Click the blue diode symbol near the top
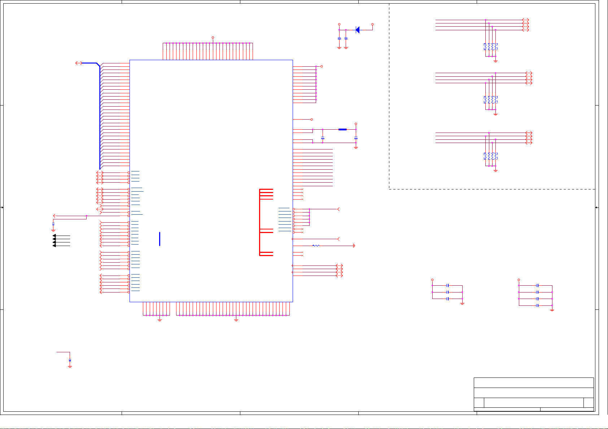pyautogui.click(x=358, y=30)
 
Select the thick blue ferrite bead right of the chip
pyautogui.click(x=342, y=129)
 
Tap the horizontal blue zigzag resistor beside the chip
pyautogui.click(x=316, y=246)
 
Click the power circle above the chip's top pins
pyautogui.click(x=213, y=37)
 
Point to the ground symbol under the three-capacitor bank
pyautogui.click(x=462, y=304)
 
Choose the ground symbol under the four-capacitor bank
pyautogui.click(x=552, y=309)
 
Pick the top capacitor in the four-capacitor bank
pyautogui.click(x=537, y=286)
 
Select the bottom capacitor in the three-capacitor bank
pyautogui.click(x=447, y=299)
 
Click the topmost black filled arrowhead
pyautogui.click(x=54, y=236)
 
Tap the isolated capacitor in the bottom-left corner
pyautogui.click(x=70, y=360)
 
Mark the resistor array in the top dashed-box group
pyautogui.click(x=491, y=47)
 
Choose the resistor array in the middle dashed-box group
pyautogui.click(x=491, y=100)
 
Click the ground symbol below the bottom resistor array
pyautogui.click(x=495, y=170)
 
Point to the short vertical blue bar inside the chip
pyautogui.click(x=159, y=239)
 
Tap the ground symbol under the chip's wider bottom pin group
pyautogui.click(x=236, y=319)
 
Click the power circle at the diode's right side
pyautogui.click(x=372, y=24)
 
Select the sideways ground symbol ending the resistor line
pyautogui.click(x=354, y=246)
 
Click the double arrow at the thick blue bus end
pyautogui.click(x=79, y=63)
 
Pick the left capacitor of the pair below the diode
pyautogui.click(x=339, y=38)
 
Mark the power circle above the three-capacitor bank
pyautogui.click(x=432, y=280)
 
